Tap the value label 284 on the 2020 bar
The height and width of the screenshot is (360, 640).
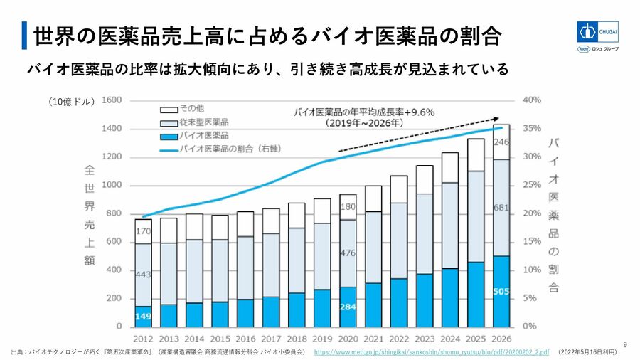pyautogui.click(x=348, y=307)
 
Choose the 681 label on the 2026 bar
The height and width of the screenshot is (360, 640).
pyautogui.click(x=501, y=208)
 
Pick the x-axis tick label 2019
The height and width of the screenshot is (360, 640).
pyautogui.click(x=322, y=339)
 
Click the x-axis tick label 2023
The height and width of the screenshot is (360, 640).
pyautogui.click(x=425, y=339)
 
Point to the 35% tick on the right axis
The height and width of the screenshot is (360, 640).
pyautogui.click(x=532, y=129)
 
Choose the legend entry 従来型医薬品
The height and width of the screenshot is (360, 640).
pyautogui.click(x=204, y=122)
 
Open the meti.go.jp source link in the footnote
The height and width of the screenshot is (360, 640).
pyautogui.click(x=431, y=352)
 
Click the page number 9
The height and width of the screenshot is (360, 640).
pyautogui.click(x=625, y=344)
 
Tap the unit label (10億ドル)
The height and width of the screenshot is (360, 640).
pyautogui.click(x=72, y=102)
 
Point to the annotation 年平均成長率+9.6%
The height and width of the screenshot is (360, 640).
pyautogui.click(x=363, y=112)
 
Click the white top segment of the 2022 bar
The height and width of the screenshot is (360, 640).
pyautogui.click(x=399, y=189)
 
